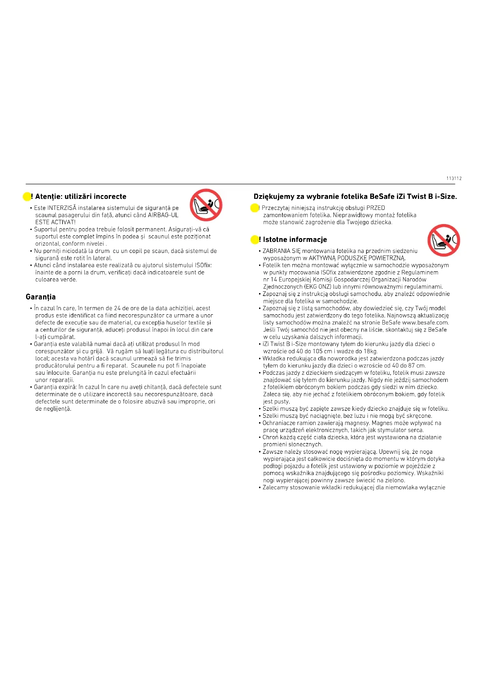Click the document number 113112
[x=454, y=178]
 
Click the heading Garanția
[x=41, y=297]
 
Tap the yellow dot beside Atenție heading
[x=27, y=196]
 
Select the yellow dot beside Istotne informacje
[x=254, y=239]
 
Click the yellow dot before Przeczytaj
[x=254, y=208]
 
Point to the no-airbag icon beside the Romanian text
[x=206, y=205]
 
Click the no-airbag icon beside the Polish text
[x=443, y=240]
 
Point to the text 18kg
[x=370, y=351]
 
